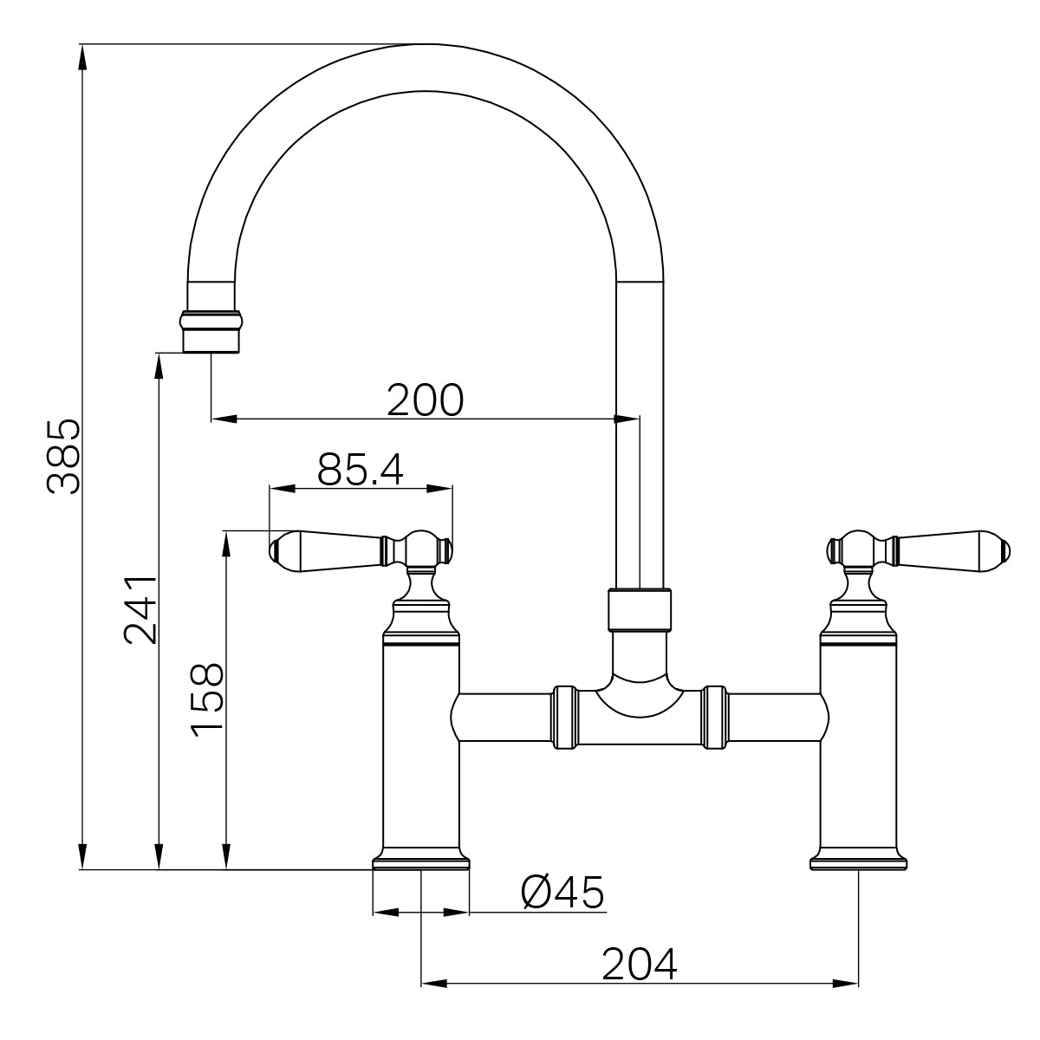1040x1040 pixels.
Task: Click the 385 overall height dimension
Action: (x=63, y=457)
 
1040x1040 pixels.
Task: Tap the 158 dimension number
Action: (x=208, y=700)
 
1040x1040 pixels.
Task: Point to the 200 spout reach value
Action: (x=426, y=400)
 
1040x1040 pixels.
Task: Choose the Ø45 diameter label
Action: (x=562, y=893)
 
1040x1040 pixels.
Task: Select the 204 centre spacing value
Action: (x=640, y=964)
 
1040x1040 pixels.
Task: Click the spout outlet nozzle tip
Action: (x=211, y=341)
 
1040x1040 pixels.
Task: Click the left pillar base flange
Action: (x=421, y=862)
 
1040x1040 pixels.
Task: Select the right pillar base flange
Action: (x=858, y=862)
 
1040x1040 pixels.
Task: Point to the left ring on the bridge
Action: (x=564, y=717)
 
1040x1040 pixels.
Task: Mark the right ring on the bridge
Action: (x=715, y=717)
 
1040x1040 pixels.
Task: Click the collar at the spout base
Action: (x=640, y=609)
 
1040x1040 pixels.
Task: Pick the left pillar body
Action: (x=420, y=745)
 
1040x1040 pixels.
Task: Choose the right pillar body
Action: (x=858, y=745)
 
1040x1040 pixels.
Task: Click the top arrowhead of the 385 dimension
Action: (x=82, y=54)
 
